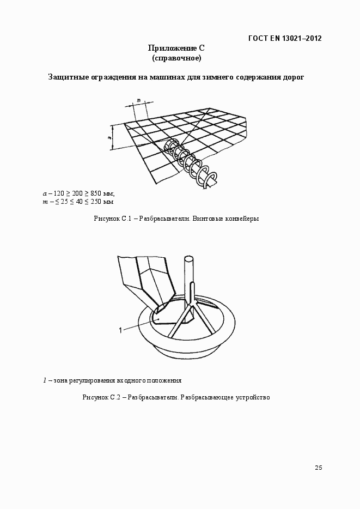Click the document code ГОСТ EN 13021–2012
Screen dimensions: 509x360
click(284, 38)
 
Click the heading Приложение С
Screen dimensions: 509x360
click(176, 49)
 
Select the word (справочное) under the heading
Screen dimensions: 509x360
click(176, 58)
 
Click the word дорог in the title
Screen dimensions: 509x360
click(292, 77)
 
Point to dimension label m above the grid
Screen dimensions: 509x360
click(138, 100)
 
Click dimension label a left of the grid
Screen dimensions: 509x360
click(109, 138)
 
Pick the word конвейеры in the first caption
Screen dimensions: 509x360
click(242, 219)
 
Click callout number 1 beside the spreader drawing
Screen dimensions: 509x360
click(119, 329)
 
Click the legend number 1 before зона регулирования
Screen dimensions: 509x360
click(45, 380)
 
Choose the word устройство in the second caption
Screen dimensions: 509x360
click(253, 397)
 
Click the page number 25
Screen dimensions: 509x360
click(318, 467)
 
